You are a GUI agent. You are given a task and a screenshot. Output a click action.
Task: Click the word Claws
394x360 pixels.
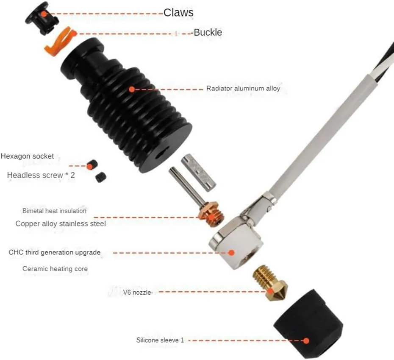[x=178, y=13]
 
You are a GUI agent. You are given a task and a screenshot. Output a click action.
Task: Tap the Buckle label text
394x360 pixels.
[x=208, y=33]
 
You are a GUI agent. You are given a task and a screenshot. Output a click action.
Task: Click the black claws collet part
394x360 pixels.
[x=42, y=18]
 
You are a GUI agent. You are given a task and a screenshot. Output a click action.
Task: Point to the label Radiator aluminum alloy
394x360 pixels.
[x=243, y=88]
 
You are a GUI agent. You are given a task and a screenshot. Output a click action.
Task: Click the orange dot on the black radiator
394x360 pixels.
[x=132, y=89]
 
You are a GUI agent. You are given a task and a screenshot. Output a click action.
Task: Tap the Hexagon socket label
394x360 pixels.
[x=27, y=156]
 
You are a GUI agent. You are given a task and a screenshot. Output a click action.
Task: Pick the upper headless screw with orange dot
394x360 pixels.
[x=92, y=165]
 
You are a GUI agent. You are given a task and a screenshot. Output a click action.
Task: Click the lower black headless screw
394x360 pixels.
[x=101, y=178]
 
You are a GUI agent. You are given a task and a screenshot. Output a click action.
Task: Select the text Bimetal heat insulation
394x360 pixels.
[x=54, y=211]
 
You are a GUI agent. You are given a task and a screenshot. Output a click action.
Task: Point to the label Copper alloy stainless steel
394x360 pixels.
[x=61, y=223]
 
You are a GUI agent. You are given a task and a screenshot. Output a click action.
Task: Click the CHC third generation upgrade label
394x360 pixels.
[x=55, y=252]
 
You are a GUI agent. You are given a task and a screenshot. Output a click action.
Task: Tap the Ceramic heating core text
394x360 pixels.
[x=55, y=269]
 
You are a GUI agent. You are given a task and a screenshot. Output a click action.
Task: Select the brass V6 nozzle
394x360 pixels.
[x=269, y=283]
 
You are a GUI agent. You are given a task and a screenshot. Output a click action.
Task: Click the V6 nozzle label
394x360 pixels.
[x=138, y=292]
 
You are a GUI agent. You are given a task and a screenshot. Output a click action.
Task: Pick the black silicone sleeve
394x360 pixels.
[x=308, y=324]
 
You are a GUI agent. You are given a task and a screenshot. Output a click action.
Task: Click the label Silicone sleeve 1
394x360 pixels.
[x=160, y=340]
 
